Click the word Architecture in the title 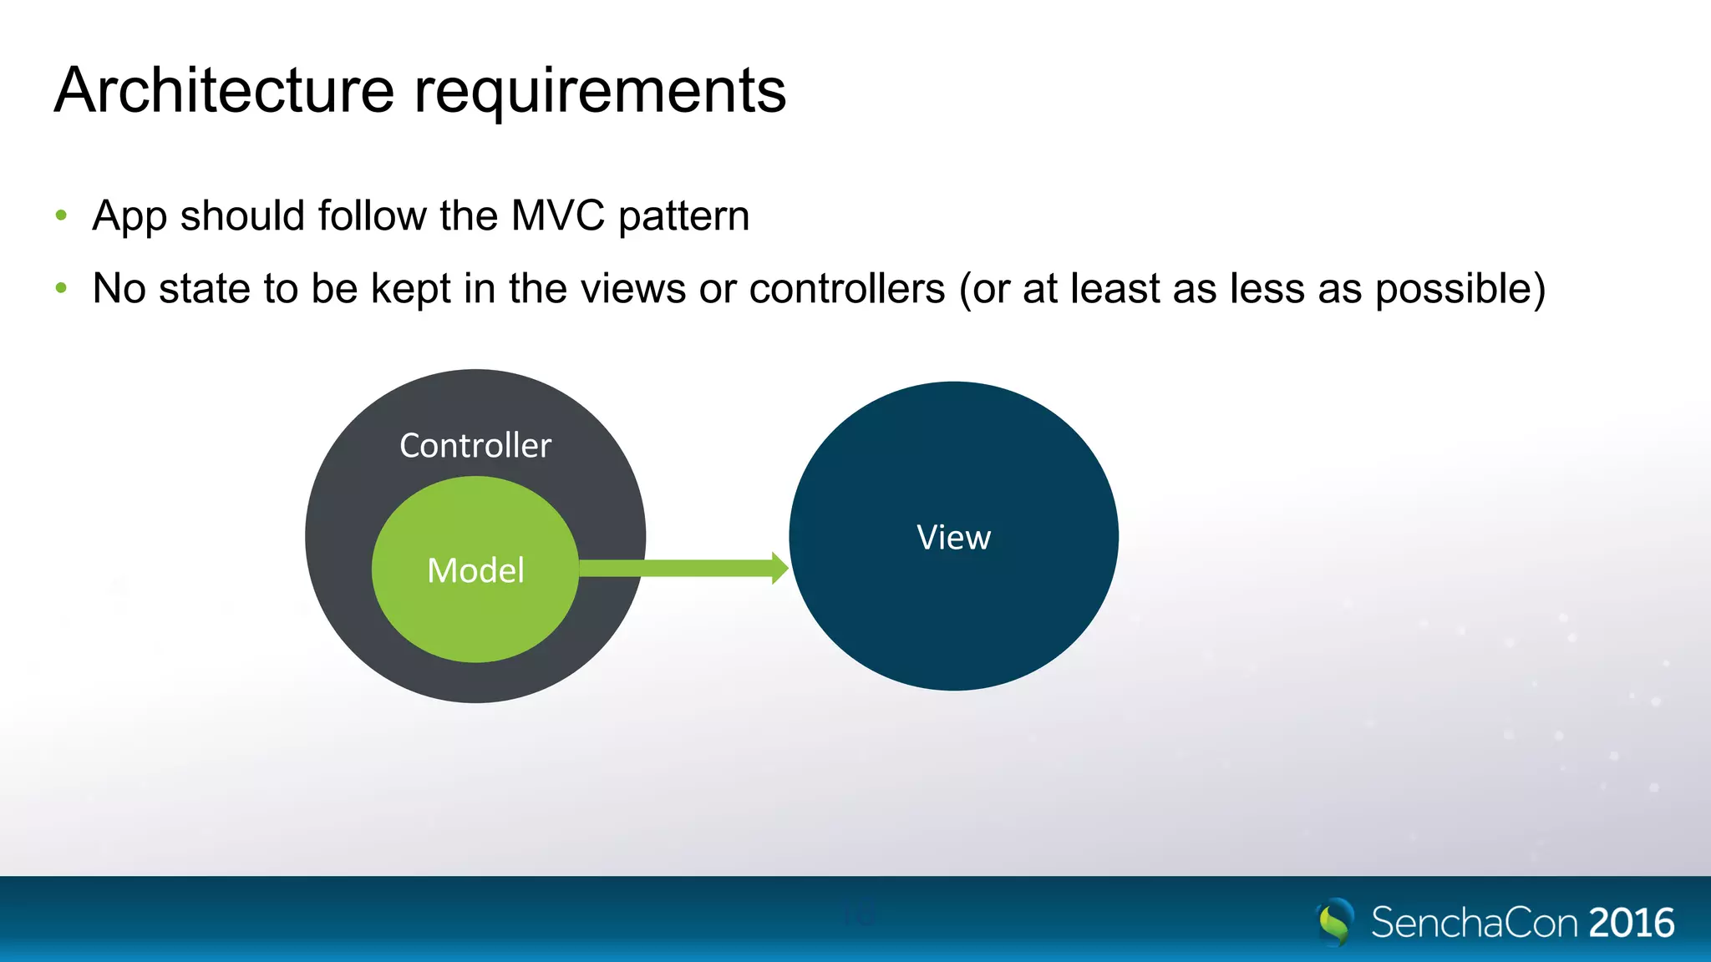[x=224, y=90]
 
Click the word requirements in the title [x=600, y=92]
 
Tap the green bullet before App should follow [x=61, y=215]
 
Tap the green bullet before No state [x=61, y=288]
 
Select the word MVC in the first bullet [x=557, y=215]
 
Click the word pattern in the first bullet [x=683, y=217]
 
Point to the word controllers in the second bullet [x=847, y=289]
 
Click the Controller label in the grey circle [x=475, y=445]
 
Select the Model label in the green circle [x=475, y=570]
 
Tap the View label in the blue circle [x=953, y=537]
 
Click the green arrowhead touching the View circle [x=779, y=568]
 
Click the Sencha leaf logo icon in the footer [x=1334, y=921]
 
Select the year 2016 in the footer [x=1631, y=923]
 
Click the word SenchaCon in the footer [x=1474, y=923]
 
